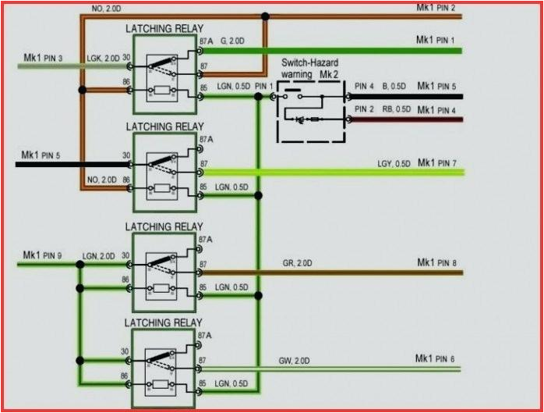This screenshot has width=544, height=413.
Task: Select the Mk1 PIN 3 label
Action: tap(42, 58)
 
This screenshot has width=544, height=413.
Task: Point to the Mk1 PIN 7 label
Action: tap(437, 162)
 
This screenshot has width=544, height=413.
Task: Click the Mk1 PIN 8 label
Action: tap(436, 262)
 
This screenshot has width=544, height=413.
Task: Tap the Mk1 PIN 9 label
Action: tap(42, 255)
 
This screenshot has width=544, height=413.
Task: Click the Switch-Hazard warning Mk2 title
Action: tap(310, 68)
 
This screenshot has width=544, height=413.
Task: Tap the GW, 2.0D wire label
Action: tap(294, 361)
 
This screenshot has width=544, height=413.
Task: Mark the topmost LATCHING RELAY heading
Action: tap(164, 29)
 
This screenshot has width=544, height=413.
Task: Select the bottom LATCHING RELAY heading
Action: tap(164, 322)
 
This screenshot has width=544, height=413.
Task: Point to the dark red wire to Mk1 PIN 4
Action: tap(405, 119)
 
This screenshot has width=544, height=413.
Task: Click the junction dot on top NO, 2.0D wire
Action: tap(266, 16)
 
